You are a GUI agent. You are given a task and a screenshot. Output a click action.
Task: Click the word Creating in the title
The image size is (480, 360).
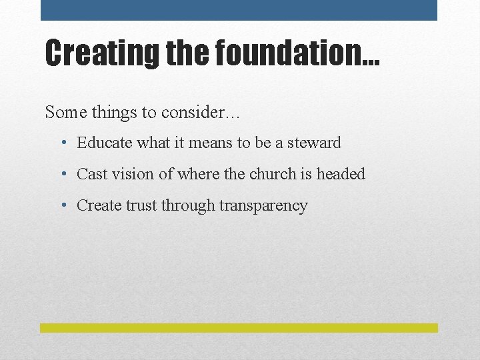(x=93, y=53)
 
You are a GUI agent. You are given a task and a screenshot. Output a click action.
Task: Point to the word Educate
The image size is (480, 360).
(x=103, y=143)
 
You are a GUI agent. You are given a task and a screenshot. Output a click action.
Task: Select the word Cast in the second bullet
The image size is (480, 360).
(x=91, y=174)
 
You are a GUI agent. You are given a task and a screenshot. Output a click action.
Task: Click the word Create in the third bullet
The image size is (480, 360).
(x=99, y=205)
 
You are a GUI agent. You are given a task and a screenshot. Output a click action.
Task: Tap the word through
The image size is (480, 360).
(x=191, y=206)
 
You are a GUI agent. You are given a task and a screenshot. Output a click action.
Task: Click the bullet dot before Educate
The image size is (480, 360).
(x=62, y=143)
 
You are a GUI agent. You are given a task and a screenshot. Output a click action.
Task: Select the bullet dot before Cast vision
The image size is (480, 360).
(x=62, y=175)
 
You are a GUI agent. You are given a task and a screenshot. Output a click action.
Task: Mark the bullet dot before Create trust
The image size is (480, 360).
(x=62, y=206)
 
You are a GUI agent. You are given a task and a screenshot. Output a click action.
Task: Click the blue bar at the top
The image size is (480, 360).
(x=239, y=10)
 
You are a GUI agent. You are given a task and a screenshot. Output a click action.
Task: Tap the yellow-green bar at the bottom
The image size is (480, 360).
(x=239, y=328)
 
